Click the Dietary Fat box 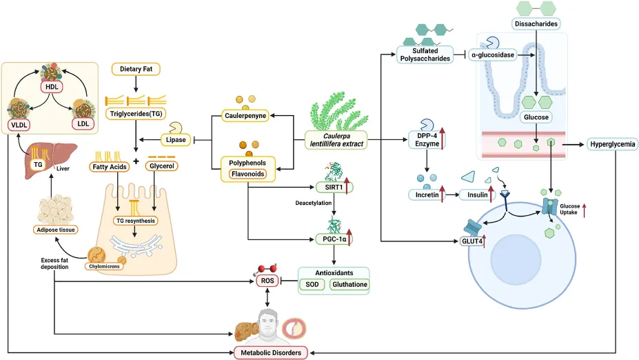coord(136,69)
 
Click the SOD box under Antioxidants coord(312,284)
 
